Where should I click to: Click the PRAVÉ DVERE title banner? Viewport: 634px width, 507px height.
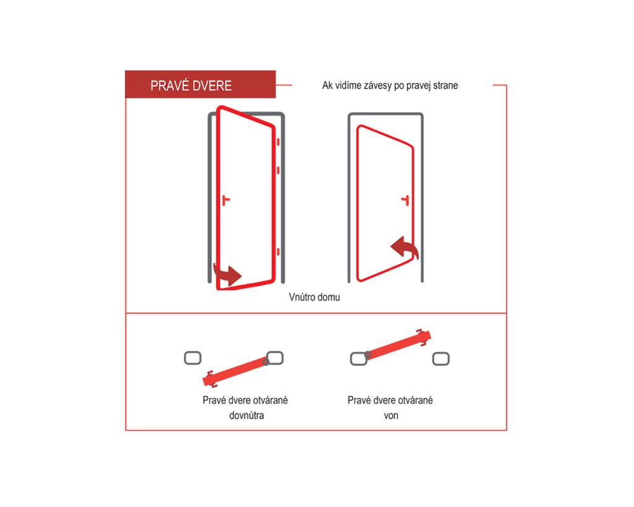click(200, 84)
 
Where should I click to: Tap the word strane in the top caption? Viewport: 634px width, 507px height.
click(446, 85)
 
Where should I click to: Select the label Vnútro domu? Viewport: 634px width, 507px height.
click(314, 297)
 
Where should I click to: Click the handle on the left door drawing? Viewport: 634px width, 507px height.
click(226, 200)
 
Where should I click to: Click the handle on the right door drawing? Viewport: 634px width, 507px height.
click(405, 200)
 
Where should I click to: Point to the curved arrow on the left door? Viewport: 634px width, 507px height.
click(227, 274)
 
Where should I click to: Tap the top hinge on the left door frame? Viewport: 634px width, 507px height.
click(278, 142)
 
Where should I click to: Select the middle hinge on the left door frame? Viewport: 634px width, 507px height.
click(278, 171)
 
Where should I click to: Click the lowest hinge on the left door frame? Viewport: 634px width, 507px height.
click(278, 252)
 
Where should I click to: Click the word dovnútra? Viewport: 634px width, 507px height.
click(246, 415)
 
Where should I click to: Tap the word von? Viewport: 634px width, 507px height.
click(391, 415)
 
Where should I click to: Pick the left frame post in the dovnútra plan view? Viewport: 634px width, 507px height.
click(193, 358)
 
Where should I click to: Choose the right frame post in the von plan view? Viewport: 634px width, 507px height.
click(441, 358)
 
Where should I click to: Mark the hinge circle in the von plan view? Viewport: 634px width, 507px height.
click(368, 355)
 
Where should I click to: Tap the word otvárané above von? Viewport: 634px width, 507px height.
click(415, 401)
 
